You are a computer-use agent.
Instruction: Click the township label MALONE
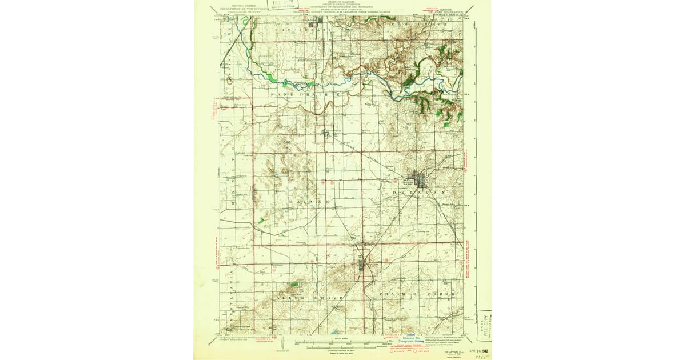pyautogui.click(x=309, y=202)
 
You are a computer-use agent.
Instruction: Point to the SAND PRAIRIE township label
pyautogui.click(x=306, y=94)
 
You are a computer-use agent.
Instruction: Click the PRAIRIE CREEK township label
pyautogui.click(x=417, y=293)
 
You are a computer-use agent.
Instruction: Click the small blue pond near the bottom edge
pyautogui.click(x=333, y=331)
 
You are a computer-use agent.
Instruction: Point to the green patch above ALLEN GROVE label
pyautogui.click(x=294, y=284)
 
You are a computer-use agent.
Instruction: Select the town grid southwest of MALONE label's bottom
pyautogui.click(x=364, y=266)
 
